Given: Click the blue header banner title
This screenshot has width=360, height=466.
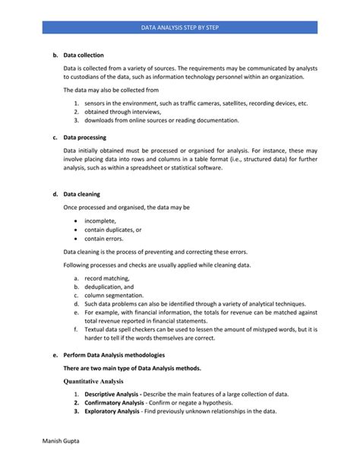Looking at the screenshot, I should click(x=179, y=27).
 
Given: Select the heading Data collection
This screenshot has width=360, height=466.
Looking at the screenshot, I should click(x=84, y=55).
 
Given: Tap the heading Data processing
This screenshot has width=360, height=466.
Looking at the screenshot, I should click(x=84, y=138).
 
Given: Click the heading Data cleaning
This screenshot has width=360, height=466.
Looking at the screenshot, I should click(x=82, y=194).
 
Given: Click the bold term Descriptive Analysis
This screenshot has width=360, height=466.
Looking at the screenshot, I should click(x=112, y=395).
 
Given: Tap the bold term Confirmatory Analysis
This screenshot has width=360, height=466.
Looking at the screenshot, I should click(x=115, y=403).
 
